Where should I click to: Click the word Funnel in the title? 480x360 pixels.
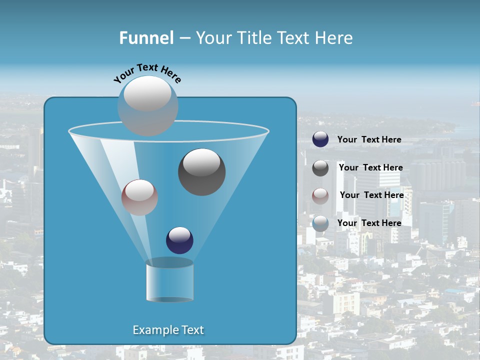[146, 38]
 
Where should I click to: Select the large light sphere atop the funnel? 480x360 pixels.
[148, 105]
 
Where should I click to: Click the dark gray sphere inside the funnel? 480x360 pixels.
[201, 171]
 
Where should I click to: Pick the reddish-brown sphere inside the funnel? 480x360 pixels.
[139, 197]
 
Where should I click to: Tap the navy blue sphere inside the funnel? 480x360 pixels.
[179, 240]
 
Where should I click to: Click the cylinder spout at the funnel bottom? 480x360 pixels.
[169, 281]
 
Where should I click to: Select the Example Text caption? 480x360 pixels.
[168, 330]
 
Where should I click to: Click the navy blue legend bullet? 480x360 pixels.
[320, 139]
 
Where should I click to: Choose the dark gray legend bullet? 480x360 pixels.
[320, 168]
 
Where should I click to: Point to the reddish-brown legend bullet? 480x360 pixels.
[320, 195]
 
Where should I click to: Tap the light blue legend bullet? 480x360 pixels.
[320, 223]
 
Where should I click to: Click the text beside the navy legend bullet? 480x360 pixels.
[369, 140]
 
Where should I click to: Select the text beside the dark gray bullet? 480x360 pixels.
[370, 168]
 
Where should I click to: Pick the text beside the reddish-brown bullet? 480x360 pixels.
[371, 195]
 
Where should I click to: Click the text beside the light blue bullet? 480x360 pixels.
[369, 223]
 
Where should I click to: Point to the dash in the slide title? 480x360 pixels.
[184, 38]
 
